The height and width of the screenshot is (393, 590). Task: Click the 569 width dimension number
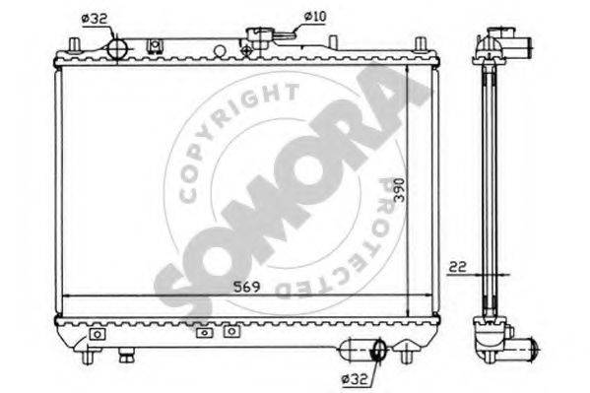click(x=246, y=287)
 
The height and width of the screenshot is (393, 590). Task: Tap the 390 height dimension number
click(x=399, y=190)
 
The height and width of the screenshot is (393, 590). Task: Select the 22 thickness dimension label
click(x=458, y=267)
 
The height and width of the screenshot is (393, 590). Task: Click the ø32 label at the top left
click(x=95, y=19)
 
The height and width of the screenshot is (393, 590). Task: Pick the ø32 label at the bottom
click(x=354, y=379)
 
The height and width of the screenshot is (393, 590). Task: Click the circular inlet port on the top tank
click(x=118, y=49)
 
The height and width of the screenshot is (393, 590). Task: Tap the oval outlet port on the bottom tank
click(x=379, y=350)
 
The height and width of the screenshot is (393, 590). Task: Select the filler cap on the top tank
click(x=258, y=38)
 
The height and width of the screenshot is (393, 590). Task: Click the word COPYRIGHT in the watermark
click(x=233, y=132)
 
